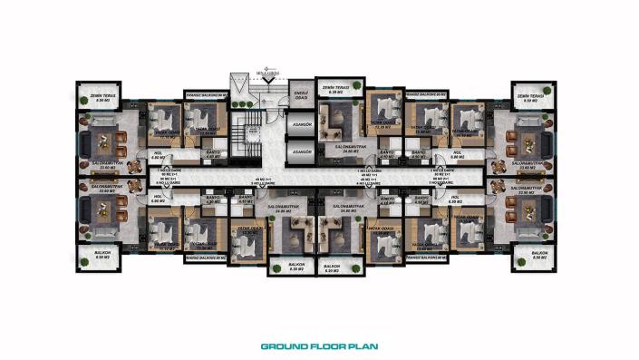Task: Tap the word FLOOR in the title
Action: (x=324, y=345)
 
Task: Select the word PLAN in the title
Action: (x=362, y=345)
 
